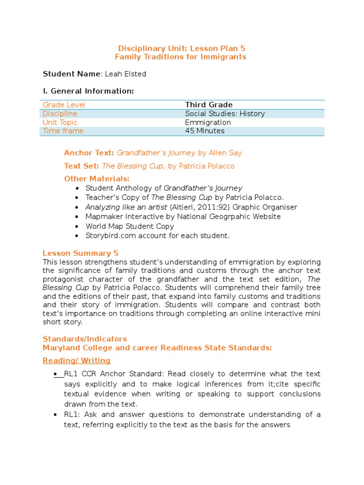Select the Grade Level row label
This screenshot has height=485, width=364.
pyautogui.click(x=64, y=105)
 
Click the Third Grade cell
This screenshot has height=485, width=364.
pyautogui.click(x=209, y=105)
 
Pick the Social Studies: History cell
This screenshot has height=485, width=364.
pyautogui.click(x=225, y=114)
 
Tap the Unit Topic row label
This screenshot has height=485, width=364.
pyautogui.click(x=60, y=122)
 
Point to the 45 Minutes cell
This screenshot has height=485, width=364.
pyautogui.click(x=205, y=131)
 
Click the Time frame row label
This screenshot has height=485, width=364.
pyautogui.click(x=63, y=131)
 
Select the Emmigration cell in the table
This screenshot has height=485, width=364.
pyautogui.click(x=208, y=122)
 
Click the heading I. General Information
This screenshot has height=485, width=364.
pyautogui.click(x=88, y=91)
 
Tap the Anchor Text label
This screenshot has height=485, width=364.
pyautogui.click(x=89, y=153)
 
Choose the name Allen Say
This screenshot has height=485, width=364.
pyautogui.click(x=226, y=153)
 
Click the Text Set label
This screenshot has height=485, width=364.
pyautogui.click(x=82, y=166)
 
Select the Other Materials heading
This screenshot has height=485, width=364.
pyautogui.click(x=97, y=179)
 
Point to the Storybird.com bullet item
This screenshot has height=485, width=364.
pyautogui.click(x=157, y=235)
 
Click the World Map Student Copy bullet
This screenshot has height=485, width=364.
pyautogui.click(x=130, y=226)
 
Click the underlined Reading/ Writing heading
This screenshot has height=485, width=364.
pyautogui.click(x=76, y=360)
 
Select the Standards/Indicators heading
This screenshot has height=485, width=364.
pyautogui.click(x=85, y=339)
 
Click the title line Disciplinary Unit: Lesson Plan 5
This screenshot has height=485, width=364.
pyautogui.click(x=182, y=48)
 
